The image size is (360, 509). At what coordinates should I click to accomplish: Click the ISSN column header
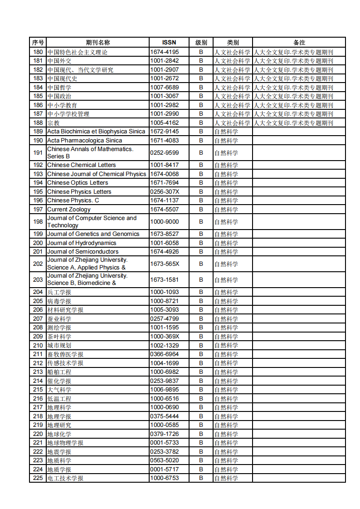click(x=169, y=42)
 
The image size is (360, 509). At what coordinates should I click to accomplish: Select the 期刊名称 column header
click(x=97, y=42)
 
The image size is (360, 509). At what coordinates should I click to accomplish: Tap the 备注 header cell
click(x=299, y=42)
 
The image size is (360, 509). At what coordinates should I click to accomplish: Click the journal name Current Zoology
click(x=69, y=209)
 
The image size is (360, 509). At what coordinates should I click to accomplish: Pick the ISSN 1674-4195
click(x=165, y=52)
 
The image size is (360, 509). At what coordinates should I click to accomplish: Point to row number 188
click(x=38, y=122)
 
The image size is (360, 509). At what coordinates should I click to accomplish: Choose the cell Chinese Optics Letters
click(x=78, y=182)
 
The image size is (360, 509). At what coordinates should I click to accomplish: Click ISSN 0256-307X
click(x=165, y=191)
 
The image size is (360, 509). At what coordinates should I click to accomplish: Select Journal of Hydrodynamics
click(x=82, y=243)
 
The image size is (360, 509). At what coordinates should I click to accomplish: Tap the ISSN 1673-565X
click(x=165, y=264)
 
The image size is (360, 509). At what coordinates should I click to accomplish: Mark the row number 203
click(x=38, y=279)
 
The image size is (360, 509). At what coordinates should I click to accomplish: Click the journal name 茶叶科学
click(x=59, y=336)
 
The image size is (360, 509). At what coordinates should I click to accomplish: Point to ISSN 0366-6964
click(x=165, y=354)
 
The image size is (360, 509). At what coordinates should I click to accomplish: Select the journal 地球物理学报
click(x=65, y=443)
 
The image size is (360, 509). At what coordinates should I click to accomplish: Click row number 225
click(x=38, y=478)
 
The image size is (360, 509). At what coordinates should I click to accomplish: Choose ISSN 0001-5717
click(x=165, y=469)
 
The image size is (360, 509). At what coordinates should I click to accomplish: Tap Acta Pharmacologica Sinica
click(x=84, y=140)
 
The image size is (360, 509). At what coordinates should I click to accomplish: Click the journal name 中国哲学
click(x=59, y=87)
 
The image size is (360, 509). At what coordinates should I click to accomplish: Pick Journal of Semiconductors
click(x=83, y=251)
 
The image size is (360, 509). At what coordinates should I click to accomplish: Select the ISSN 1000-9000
click(x=165, y=221)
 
